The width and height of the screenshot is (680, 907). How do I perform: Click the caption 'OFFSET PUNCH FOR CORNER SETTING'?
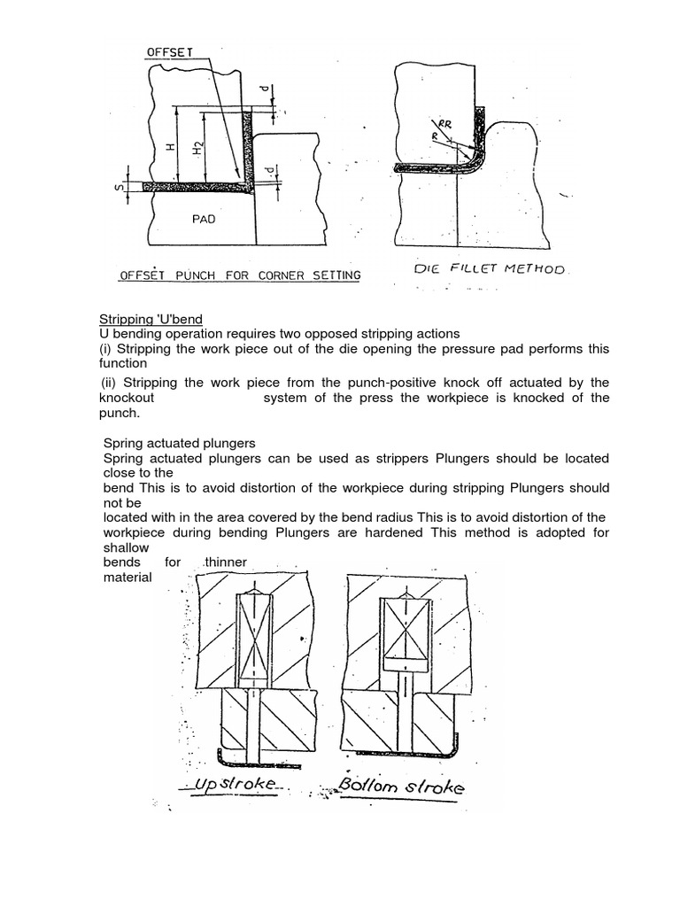click(240, 275)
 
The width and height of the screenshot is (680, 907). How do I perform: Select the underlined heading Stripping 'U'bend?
click(150, 319)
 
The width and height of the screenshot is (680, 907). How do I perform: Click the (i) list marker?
click(104, 348)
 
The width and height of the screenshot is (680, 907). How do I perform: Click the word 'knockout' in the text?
click(127, 398)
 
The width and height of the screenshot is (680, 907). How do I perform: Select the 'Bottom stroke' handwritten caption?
click(400, 787)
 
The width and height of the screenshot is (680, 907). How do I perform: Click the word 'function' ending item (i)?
click(123, 363)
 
